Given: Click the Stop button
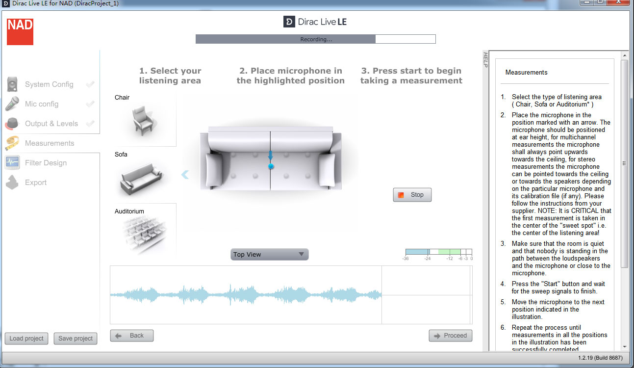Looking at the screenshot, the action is (x=412, y=195).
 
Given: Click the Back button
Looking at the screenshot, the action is (x=131, y=336).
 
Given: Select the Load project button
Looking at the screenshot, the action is (x=26, y=338).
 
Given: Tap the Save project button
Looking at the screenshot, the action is (x=76, y=338).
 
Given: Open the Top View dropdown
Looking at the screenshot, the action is (x=269, y=254).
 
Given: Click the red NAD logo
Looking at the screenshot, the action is (x=20, y=32).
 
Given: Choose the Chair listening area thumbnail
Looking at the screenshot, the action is (x=143, y=121).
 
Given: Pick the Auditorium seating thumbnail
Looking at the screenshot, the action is (x=144, y=233).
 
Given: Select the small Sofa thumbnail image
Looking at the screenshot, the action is (x=141, y=179).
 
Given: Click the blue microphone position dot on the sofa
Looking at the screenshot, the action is (x=271, y=166).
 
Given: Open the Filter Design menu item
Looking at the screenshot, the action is (x=46, y=163).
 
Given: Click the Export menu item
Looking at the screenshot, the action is (x=35, y=183).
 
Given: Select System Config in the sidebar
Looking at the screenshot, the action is (x=49, y=84).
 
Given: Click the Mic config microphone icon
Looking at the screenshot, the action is (x=12, y=104).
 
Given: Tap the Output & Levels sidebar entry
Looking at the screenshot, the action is (x=51, y=124).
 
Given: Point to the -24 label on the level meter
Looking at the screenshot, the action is (x=428, y=259).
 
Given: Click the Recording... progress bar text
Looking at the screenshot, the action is (x=316, y=39).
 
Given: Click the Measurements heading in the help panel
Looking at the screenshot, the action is (x=526, y=73).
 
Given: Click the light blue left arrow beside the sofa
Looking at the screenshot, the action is (x=185, y=175).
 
